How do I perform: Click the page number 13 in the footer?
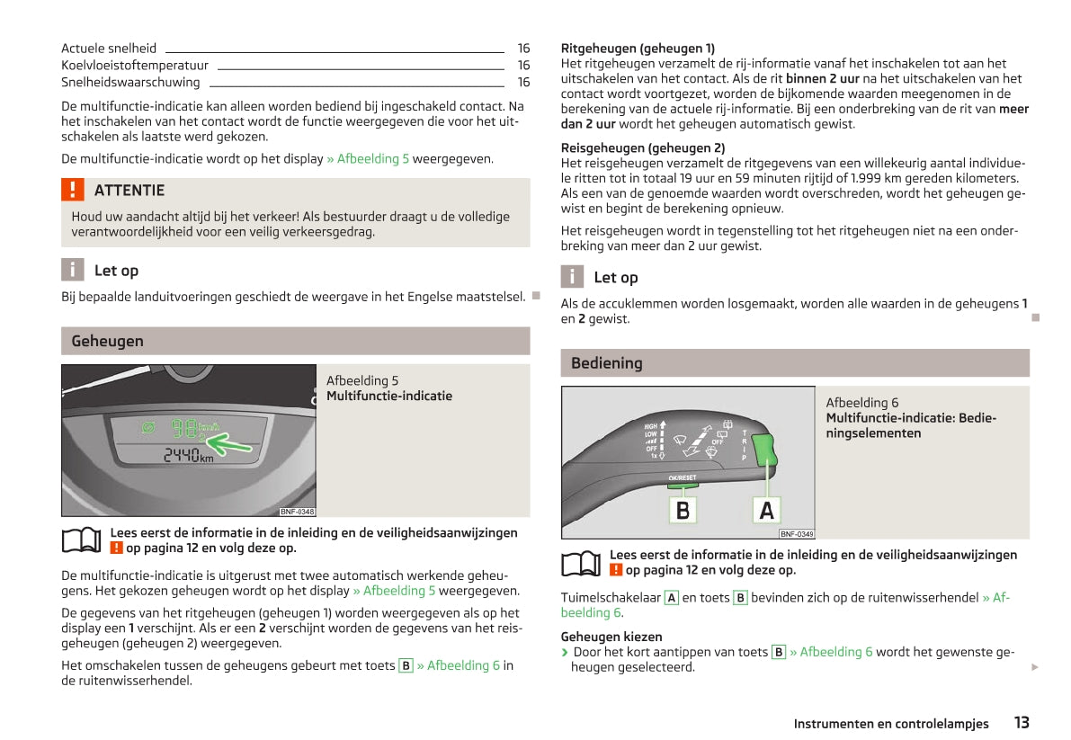coord(1021,722)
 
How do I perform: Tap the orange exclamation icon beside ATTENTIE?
coord(73,190)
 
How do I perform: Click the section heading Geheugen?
coord(107,341)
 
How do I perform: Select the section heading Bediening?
coord(606,363)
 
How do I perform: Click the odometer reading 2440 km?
coord(188,457)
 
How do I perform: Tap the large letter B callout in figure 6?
coord(683,510)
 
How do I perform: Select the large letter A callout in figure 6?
coord(766,510)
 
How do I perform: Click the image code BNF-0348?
coord(297,512)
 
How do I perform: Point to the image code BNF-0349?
coord(797,534)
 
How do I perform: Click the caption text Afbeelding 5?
coord(362,381)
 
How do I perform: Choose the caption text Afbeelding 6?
coord(861,403)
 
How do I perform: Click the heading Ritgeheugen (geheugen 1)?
coord(638,49)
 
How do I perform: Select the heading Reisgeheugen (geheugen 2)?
coord(642,147)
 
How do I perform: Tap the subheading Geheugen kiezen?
coord(611,637)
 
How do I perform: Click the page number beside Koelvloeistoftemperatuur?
coord(523,66)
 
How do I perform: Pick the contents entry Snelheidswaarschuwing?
coord(130,83)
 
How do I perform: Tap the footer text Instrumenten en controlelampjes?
coord(890,724)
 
